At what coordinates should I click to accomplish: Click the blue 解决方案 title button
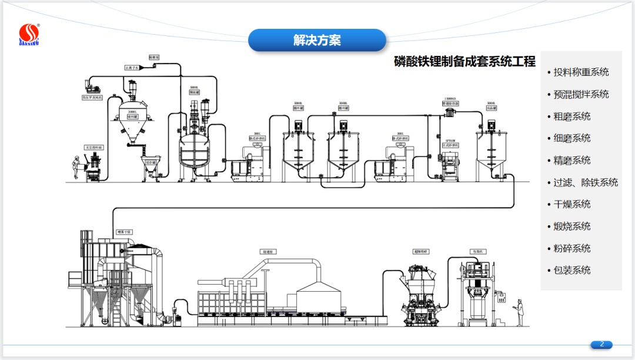317,40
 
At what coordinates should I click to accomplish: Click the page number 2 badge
601,344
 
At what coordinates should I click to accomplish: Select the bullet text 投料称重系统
581,72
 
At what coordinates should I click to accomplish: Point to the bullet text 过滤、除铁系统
586,182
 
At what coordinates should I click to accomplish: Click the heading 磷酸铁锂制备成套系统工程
464,61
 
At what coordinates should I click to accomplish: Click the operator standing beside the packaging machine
519,312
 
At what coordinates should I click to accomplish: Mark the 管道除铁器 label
450,104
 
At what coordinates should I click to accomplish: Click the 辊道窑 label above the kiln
268,252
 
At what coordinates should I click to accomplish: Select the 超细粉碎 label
421,252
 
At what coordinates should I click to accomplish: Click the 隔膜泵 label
154,58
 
